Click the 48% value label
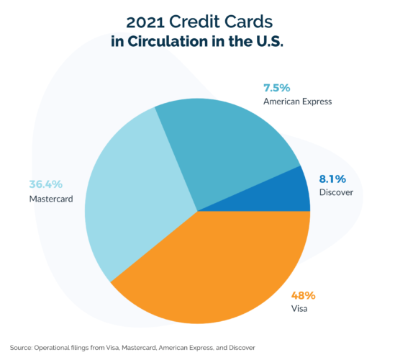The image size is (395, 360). tap(303, 295)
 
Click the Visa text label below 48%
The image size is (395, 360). tap(299, 310)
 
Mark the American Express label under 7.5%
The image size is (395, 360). tap(297, 102)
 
